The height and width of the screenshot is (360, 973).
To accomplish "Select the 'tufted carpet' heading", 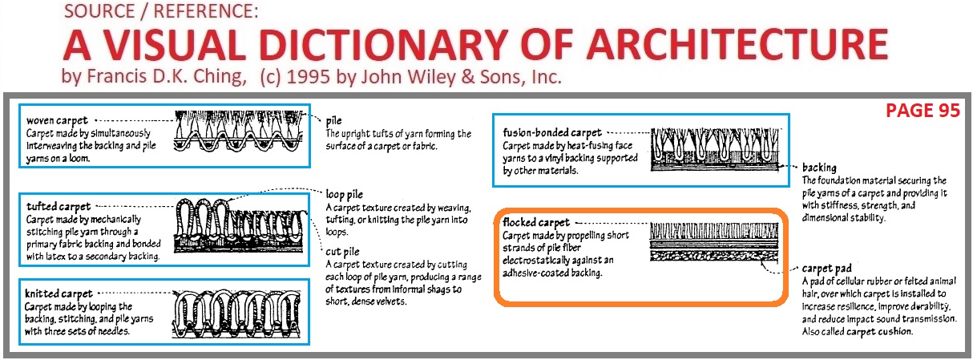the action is pos(58,207).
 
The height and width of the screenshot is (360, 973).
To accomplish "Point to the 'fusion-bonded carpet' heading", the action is pos(552,132).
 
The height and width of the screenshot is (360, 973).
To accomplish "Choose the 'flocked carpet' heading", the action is pos(536,222).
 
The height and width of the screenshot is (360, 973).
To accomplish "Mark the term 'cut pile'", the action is pos(342,250).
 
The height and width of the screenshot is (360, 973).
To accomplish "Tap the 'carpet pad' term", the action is pos(826,268).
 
